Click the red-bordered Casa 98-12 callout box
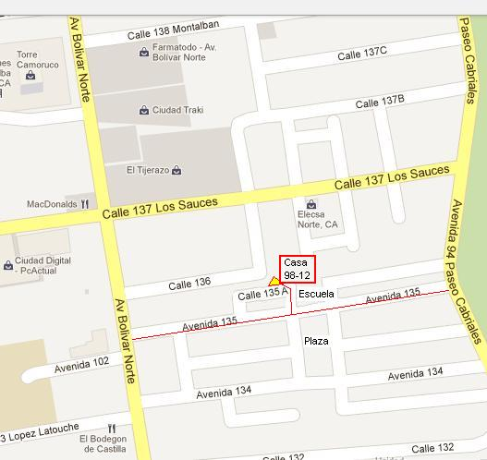click(x=298, y=267)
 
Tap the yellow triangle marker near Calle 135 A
click(x=274, y=280)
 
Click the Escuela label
click(x=316, y=294)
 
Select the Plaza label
click(x=316, y=341)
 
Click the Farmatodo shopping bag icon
click(x=145, y=53)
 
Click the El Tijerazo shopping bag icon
click(x=177, y=170)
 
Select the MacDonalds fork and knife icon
click(x=84, y=203)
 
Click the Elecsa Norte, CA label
click(x=318, y=218)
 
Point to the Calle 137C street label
click(x=361, y=54)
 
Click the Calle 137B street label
click(x=380, y=100)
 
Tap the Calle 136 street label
click(x=189, y=284)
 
